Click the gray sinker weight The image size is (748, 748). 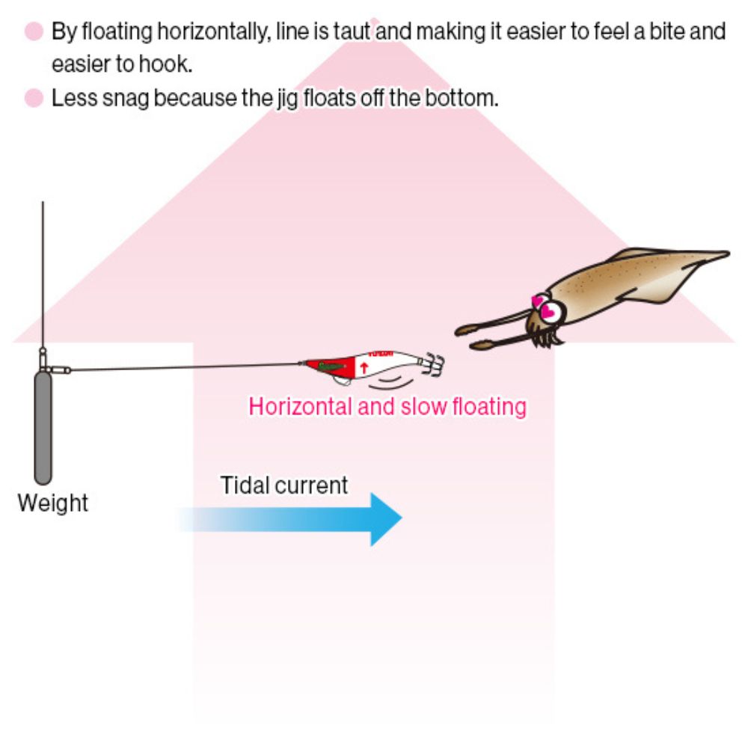coord(43,428)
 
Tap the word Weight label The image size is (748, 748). coord(53,503)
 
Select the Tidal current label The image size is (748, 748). coord(283,485)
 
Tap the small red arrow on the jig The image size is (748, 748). coord(364,368)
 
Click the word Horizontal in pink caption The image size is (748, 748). coord(301,407)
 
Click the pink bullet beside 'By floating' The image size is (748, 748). coord(34,31)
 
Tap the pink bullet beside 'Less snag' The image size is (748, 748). coord(34,98)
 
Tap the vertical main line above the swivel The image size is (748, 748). coord(43,275)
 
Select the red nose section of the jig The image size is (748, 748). coord(330,367)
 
